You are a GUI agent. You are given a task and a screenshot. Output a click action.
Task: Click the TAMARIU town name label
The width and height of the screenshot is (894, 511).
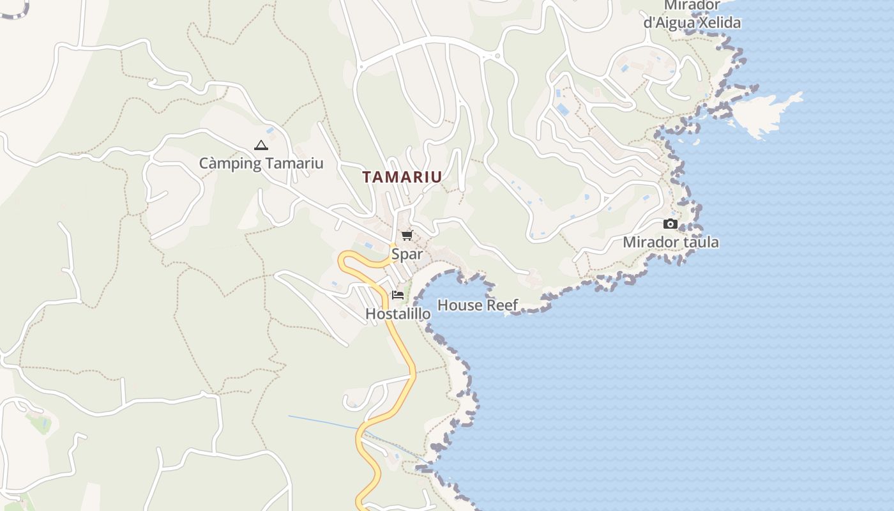402,177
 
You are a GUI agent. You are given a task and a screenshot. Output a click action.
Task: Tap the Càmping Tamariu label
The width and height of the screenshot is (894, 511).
261,164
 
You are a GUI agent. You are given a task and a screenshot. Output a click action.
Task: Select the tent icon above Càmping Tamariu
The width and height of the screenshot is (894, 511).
261,146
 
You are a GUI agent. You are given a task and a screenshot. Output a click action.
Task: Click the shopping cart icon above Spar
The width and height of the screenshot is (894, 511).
407,235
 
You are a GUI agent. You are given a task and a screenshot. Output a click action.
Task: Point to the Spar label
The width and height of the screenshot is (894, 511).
407,254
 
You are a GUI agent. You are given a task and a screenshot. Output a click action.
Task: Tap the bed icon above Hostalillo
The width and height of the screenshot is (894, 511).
398,295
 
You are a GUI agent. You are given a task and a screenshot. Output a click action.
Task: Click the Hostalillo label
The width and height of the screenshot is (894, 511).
398,314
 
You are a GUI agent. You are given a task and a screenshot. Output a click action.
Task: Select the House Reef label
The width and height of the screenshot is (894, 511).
478,305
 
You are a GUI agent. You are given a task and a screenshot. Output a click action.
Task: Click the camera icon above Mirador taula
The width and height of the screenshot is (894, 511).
670,224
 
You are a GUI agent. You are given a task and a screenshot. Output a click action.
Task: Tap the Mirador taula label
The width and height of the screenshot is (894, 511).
670,242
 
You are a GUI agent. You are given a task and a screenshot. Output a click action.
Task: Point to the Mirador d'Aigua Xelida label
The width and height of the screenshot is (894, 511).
692,14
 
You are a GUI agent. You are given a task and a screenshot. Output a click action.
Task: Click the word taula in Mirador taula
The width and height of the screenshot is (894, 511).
701,242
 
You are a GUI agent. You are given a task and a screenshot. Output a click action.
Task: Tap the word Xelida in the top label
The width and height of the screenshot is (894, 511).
719,23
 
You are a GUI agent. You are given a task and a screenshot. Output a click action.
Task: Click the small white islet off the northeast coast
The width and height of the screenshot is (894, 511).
763,115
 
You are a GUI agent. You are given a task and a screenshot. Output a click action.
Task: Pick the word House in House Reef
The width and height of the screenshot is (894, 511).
460,305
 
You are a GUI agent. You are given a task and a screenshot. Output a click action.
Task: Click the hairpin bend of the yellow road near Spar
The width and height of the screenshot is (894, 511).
345,258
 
